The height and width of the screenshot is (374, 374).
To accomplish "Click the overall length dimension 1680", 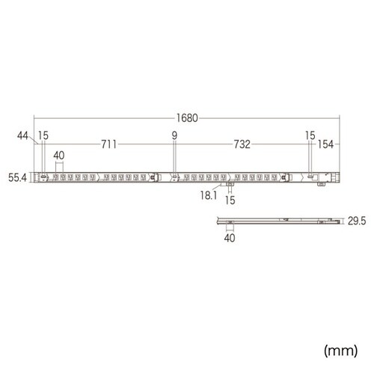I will (187, 117).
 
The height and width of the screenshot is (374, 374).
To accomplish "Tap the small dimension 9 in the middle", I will (174, 135).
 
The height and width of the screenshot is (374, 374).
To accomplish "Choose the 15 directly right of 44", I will (44, 135).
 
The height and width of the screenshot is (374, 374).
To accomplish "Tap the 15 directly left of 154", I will (310, 135).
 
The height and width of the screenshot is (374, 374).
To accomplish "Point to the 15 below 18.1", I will (230, 200).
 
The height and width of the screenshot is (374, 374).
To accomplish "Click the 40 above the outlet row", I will (60, 156).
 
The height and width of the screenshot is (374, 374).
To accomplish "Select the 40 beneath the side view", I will (230, 239).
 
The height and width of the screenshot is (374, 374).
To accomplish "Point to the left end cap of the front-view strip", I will (37, 177).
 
